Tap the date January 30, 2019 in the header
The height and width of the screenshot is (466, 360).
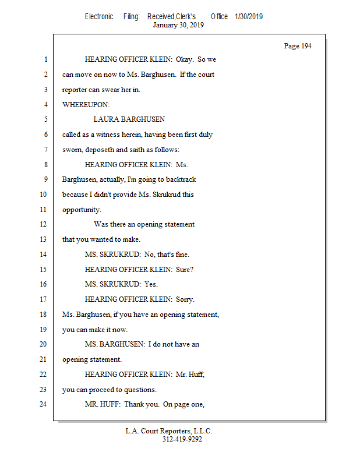point(178,25)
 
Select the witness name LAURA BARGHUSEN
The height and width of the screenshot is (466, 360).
point(129,119)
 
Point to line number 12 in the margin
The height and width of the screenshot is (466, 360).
point(43,224)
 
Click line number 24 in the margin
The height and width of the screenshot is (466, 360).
point(43,404)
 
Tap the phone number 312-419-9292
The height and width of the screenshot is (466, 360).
point(182,439)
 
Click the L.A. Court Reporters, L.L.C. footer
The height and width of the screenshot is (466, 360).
point(169,431)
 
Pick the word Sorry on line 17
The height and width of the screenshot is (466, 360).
point(185,299)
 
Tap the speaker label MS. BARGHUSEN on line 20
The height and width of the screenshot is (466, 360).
point(114,344)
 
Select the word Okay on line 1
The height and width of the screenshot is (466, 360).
point(186,59)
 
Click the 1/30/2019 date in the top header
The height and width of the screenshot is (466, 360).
point(249,16)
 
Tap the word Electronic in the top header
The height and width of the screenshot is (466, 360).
point(99,16)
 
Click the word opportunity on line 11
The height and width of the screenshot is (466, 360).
point(81,210)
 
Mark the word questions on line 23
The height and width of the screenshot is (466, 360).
point(140,390)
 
